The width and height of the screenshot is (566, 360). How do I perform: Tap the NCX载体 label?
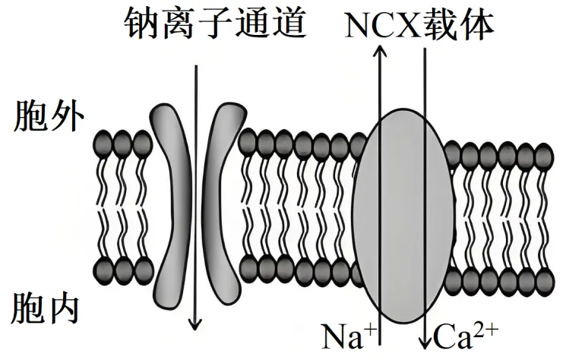419,24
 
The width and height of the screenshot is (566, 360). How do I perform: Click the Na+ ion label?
345,335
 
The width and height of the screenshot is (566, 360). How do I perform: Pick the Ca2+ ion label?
463,334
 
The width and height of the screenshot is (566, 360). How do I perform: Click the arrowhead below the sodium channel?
196,324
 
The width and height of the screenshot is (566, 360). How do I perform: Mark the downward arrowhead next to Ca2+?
425,337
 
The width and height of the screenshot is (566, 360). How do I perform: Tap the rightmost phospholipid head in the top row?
544,156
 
